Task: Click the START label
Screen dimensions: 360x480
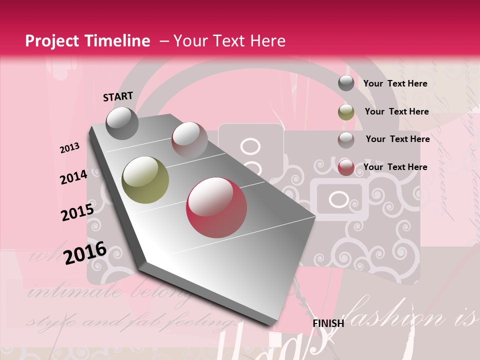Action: click(118, 96)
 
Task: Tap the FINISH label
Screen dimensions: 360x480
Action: click(328, 323)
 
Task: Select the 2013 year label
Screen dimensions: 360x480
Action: click(70, 148)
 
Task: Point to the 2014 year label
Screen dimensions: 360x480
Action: click(74, 177)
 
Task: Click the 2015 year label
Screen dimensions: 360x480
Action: click(77, 212)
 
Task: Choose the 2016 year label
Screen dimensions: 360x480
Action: click(85, 252)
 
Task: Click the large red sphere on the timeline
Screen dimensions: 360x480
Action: click(216, 207)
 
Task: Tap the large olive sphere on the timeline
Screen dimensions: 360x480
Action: click(145, 180)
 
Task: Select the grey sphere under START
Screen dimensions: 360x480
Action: click(122, 123)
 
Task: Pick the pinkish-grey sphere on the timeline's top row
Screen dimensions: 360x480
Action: click(189, 139)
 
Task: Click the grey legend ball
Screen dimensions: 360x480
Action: click(346, 83)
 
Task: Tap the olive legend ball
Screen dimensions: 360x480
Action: click(346, 112)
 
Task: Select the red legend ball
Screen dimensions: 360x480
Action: click(346, 167)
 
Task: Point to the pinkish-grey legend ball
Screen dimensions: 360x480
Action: click(346, 140)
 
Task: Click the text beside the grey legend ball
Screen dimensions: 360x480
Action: click(395, 83)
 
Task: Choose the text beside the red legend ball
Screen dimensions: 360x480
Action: click(395, 167)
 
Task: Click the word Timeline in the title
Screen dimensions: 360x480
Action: click(117, 41)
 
